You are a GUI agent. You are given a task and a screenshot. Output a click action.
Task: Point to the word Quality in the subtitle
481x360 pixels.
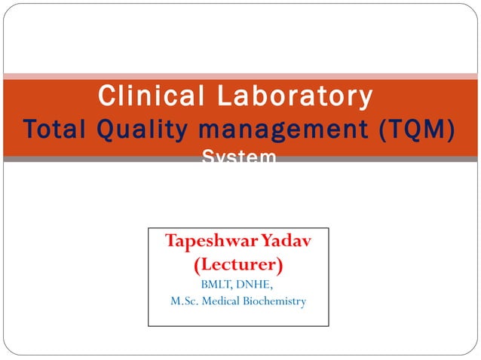click(138, 129)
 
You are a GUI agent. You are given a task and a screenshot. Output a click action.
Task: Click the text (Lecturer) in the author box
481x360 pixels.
click(238, 265)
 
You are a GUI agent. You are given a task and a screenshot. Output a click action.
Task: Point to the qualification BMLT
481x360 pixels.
click(218, 285)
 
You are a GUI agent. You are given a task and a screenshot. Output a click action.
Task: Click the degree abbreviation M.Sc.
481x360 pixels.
click(184, 301)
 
